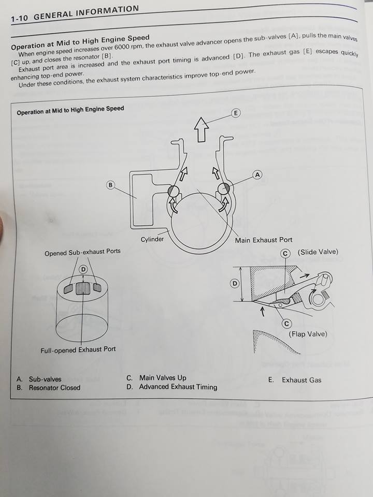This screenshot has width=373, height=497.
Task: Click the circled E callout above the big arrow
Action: [x=236, y=113]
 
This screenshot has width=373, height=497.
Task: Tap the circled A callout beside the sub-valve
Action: [x=257, y=175]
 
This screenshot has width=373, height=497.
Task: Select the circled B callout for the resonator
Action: [x=110, y=185]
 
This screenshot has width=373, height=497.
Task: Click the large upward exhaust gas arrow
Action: [x=200, y=128]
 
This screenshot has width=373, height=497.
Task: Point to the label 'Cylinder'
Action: [x=152, y=240]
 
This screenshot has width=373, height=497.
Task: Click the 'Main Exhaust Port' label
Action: [x=264, y=240]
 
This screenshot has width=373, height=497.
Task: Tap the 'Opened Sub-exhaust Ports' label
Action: [x=82, y=252]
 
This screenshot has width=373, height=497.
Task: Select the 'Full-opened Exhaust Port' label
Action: [x=78, y=350]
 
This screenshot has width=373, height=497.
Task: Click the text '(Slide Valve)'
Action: [x=318, y=252]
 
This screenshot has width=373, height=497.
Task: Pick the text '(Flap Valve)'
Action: [x=308, y=334]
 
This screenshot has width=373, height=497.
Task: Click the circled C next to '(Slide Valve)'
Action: [x=285, y=253]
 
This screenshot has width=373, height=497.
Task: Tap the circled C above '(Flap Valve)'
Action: [x=285, y=324]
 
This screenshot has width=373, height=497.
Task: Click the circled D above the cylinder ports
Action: [x=83, y=269]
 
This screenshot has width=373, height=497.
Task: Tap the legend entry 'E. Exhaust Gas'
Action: [x=295, y=380]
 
